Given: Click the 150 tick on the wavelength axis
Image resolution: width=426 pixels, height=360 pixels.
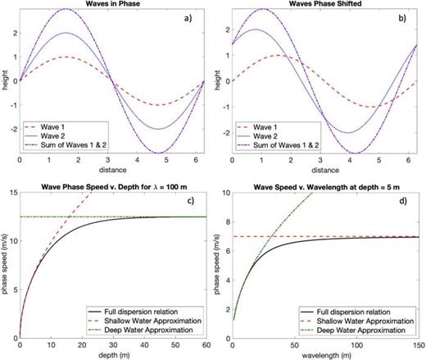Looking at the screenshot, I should [x=416, y=346].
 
